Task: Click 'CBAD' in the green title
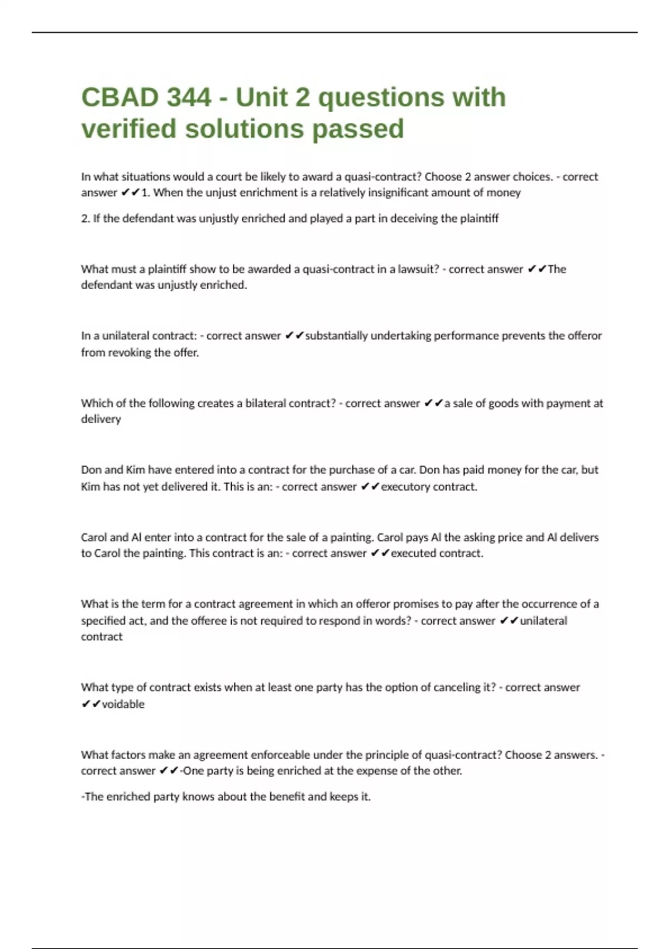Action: (x=119, y=98)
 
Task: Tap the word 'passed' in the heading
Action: (x=357, y=129)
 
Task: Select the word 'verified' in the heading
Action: (x=129, y=129)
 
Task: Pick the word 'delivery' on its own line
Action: (x=101, y=419)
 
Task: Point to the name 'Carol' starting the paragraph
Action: (x=94, y=537)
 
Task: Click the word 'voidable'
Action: (x=123, y=704)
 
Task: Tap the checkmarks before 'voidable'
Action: (x=91, y=704)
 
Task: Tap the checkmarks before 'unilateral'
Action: (x=509, y=621)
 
